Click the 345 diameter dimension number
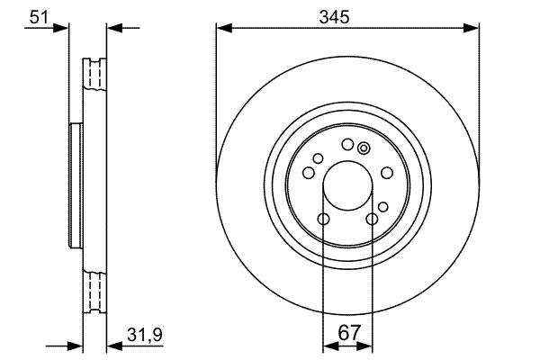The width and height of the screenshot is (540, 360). tap(334, 17)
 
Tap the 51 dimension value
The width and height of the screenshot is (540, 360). tap(40, 16)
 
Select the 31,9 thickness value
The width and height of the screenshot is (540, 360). tap(145, 334)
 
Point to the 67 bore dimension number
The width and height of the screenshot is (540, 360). tap(349, 333)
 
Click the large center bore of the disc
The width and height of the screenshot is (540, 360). tap(347, 185)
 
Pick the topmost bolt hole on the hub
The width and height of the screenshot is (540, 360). tap(347, 144)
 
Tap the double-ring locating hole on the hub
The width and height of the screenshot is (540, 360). tap(364, 148)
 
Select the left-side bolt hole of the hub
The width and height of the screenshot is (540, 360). tap(309, 173)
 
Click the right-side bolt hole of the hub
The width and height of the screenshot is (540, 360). tap(387, 173)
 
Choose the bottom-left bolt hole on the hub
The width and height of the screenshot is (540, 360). tap(323, 219)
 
